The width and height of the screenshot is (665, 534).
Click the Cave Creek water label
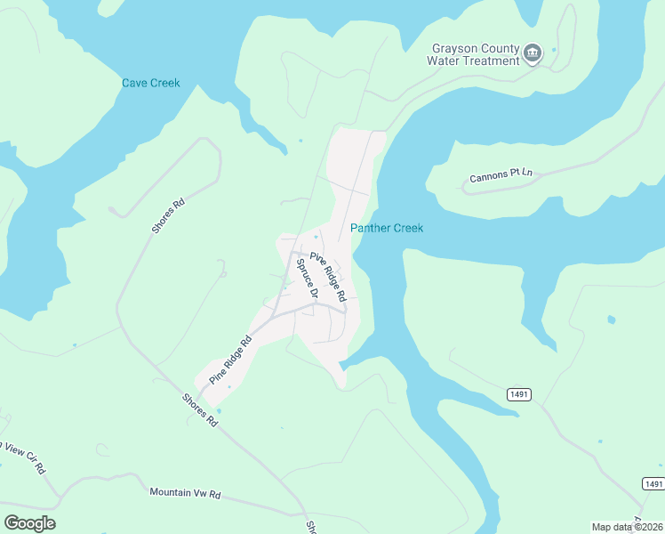[150, 84]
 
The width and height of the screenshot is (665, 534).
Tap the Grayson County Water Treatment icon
[533, 53]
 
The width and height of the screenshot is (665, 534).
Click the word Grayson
[455, 48]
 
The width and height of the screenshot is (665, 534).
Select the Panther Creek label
[387, 229]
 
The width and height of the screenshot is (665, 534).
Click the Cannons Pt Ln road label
[501, 175]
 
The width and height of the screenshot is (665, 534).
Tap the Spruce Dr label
[308, 283]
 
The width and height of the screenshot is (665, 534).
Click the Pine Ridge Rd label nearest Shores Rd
[231, 359]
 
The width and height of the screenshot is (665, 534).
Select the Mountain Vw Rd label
[185, 492]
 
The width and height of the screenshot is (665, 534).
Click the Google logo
[29, 523]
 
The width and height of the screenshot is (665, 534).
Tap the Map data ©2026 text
[627, 527]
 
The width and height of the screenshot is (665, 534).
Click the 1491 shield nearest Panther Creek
[519, 393]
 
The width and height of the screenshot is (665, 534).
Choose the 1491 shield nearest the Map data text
[653, 483]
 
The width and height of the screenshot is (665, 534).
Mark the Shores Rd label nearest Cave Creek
[167, 215]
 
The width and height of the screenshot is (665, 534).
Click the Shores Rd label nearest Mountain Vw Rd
[200, 409]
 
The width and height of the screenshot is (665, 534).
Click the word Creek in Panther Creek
[406, 229]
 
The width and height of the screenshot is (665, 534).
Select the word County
[501, 48]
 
